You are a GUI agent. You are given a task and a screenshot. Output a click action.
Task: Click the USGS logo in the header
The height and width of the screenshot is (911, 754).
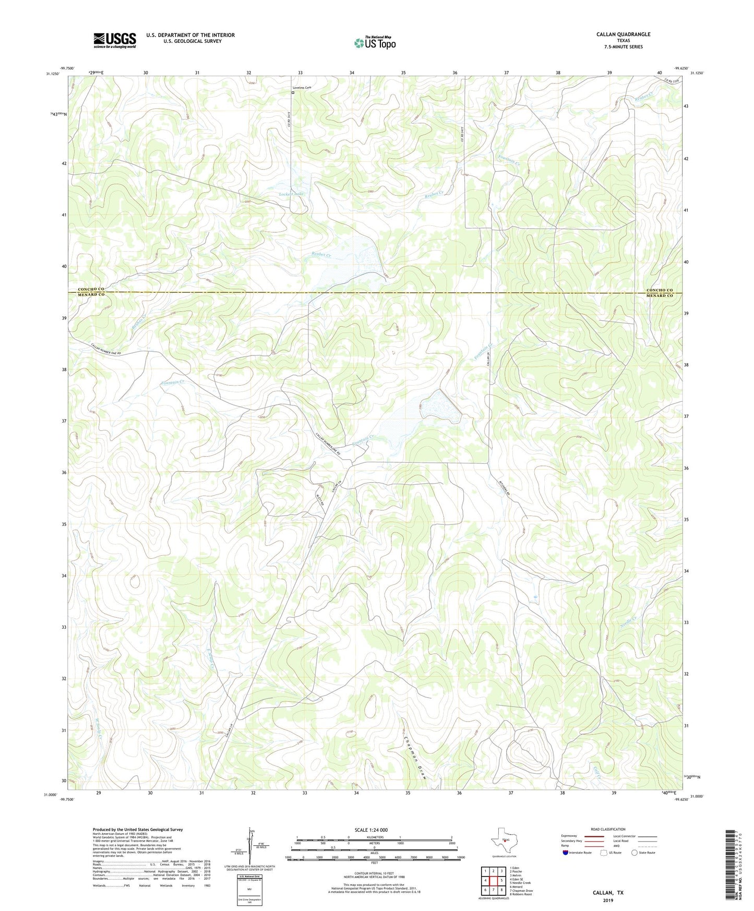(114, 40)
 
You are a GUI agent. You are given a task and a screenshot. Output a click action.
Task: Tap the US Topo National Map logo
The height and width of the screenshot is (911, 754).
(374, 43)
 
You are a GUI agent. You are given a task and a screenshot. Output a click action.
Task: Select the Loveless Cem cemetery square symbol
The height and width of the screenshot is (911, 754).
(293, 93)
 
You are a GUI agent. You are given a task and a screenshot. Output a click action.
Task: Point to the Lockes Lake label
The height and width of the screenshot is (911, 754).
(291, 194)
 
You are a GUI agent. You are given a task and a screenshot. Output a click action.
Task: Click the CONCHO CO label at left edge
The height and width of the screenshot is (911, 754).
(91, 289)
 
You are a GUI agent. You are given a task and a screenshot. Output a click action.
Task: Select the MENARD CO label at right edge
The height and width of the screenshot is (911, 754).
(660, 296)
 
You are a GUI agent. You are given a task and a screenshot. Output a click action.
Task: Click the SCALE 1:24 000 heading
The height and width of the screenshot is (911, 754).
(371, 830)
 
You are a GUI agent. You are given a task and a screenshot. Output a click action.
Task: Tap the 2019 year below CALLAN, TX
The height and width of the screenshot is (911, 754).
(607, 900)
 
